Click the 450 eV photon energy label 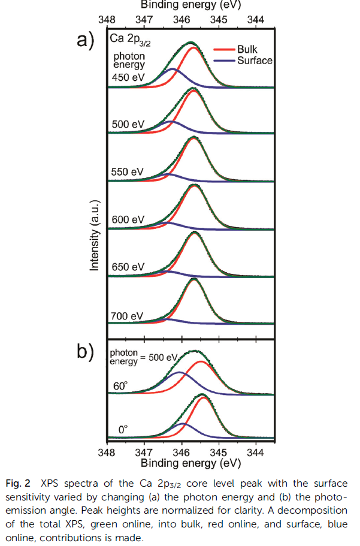tap(128, 77)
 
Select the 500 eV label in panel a tap(128, 124)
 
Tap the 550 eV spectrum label tap(128, 171)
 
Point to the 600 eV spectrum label tap(128, 219)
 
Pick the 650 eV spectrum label tap(128, 267)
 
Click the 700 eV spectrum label tap(128, 315)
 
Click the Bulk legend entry tap(247, 49)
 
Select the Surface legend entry tap(254, 61)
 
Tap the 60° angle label tap(121, 386)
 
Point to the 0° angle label tap(123, 429)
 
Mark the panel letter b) tap(86, 352)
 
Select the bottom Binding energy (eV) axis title tap(190, 463)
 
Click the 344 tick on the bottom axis tap(256, 452)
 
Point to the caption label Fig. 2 tap(19, 483)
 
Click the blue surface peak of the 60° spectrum tap(179, 373)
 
